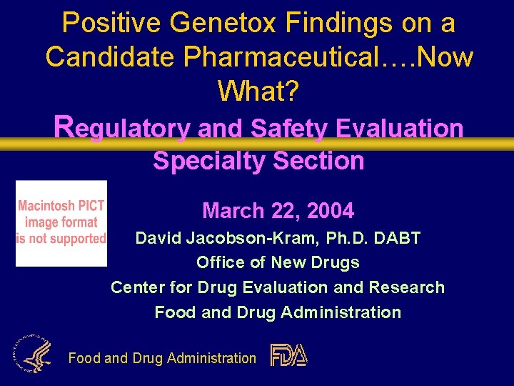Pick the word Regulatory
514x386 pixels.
(122, 128)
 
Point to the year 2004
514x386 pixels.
(330, 211)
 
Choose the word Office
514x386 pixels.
(219, 262)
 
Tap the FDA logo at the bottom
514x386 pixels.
(288, 355)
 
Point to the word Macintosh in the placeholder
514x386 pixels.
(61, 206)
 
